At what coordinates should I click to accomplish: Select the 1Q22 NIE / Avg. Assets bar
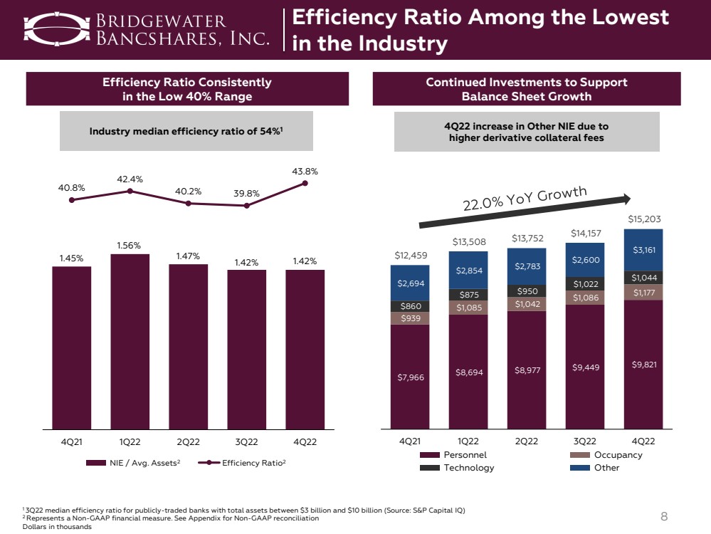(x=130, y=342)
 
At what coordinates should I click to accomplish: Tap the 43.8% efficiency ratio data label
(x=305, y=171)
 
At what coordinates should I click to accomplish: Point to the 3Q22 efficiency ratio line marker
(x=246, y=206)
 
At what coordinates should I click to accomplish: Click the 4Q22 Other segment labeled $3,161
(x=643, y=250)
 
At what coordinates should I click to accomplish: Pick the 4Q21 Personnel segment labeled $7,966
(x=409, y=377)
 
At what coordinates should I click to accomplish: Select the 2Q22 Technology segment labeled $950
(x=526, y=290)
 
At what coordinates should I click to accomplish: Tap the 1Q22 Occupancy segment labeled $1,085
(x=468, y=308)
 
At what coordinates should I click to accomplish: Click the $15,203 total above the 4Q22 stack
(x=643, y=219)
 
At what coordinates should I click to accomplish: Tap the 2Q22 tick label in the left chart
(x=188, y=442)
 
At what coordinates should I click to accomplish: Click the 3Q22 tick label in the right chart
(x=584, y=441)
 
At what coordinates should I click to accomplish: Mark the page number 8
(x=663, y=516)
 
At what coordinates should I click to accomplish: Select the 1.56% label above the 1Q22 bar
(x=130, y=244)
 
